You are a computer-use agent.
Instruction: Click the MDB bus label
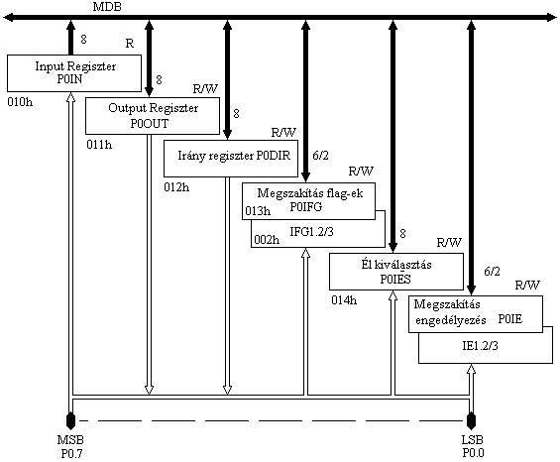(x=107, y=7)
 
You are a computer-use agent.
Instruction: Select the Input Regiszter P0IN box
(x=74, y=73)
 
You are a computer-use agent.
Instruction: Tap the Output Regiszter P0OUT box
(x=153, y=116)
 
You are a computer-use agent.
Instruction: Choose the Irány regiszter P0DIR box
(x=231, y=159)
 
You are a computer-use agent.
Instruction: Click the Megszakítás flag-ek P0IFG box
(x=308, y=201)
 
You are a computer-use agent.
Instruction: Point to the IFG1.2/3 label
(x=311, y=232)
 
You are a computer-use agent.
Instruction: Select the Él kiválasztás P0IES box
(x=396, y=272)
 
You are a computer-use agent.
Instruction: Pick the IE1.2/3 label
(x=480, y=346)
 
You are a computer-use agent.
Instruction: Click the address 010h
(x=20, y=102)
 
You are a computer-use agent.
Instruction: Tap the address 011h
(x=99, y=145)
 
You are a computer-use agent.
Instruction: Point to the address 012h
(x=176, y=187)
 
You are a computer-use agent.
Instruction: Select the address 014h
(x=344, y=300)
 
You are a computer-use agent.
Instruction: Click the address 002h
(x=267, y=239)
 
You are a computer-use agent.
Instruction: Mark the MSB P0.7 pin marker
(x=70, y=420)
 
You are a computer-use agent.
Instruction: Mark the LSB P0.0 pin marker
(x=472, y=420)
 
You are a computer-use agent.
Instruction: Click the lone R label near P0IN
(x=130, y=44)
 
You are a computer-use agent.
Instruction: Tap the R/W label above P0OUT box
(x=205, y=89)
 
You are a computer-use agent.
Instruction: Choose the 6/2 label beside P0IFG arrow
(x=320, y=156)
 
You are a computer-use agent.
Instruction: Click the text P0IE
(x=510, y=319)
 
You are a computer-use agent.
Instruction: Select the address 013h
(x=258, y=211)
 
